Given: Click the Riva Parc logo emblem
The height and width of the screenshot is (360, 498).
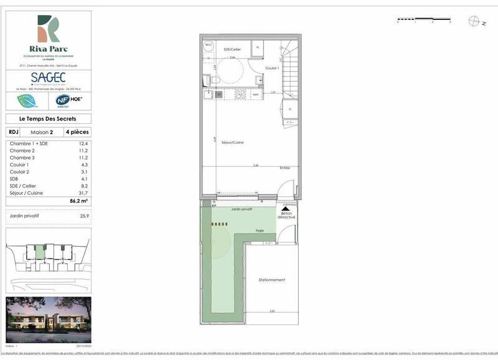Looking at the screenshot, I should point(49,27).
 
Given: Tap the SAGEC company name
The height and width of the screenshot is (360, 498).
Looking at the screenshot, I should point(48,77).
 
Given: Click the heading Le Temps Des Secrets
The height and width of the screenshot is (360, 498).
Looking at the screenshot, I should point(48,119).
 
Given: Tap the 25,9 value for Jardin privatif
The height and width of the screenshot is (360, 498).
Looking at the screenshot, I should point(84,216).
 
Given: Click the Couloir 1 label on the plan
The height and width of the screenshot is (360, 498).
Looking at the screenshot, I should point(271,68).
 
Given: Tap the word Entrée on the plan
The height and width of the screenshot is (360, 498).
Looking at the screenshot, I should point(285,168).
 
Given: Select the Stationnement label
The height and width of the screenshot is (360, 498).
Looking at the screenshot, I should point(272,280).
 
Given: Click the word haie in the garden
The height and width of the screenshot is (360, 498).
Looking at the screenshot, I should point(260,231).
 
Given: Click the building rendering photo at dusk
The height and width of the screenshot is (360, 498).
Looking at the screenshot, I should point(48,321).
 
